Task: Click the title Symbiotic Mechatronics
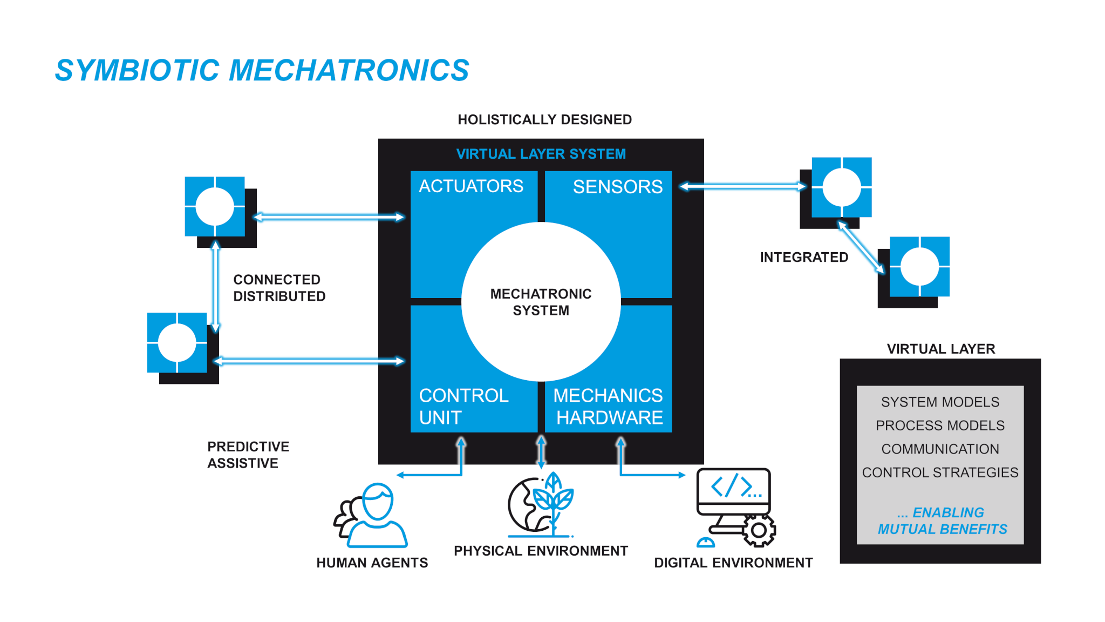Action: coord(262,71)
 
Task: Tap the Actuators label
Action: coord(470,186)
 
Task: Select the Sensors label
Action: coord(617,187)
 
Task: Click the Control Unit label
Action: coord(463,407)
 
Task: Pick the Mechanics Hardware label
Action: coord(609,407)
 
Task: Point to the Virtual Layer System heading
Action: coord(541,154)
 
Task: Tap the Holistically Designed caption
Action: coord(544,119)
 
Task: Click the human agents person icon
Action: coord(372,516)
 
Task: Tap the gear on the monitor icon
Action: coord(759,530)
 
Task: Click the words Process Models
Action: coord(940,425)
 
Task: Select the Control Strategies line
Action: coord(940,472)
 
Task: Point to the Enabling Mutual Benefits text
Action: coord(942,520)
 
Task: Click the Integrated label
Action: coord(804,257)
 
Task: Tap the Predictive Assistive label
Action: coord(248,455)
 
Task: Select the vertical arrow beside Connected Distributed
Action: coord(215,286)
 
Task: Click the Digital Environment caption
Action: coord(733,563)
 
